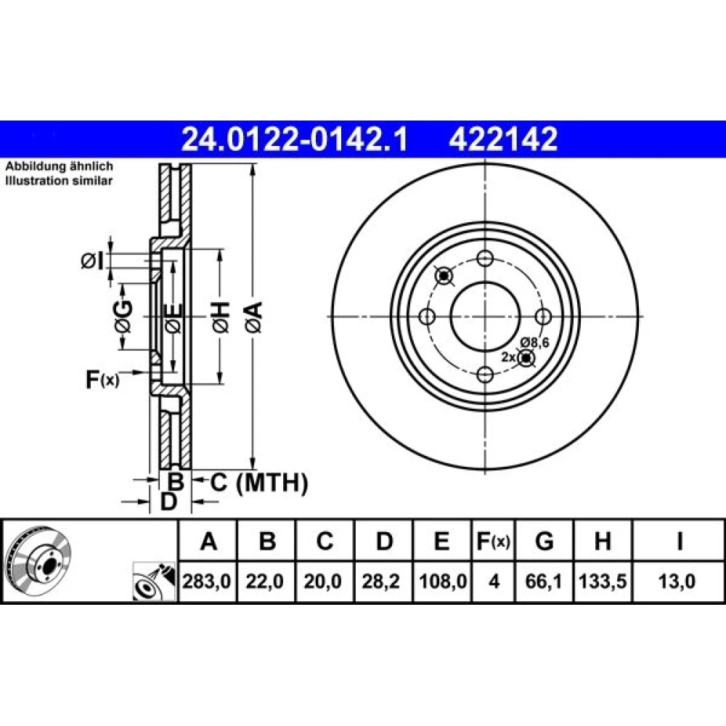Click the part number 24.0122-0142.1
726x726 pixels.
[295, 139]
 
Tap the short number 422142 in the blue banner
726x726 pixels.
[503, 139]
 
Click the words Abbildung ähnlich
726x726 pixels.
[59, 166]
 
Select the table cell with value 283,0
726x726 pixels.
[207, 581]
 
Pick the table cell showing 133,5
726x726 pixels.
[603, 581]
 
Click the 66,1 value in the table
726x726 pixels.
[544, 581]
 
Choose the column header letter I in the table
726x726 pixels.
[680, 541]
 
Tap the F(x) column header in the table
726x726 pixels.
[494, 541]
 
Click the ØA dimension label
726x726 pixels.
[254, 317]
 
